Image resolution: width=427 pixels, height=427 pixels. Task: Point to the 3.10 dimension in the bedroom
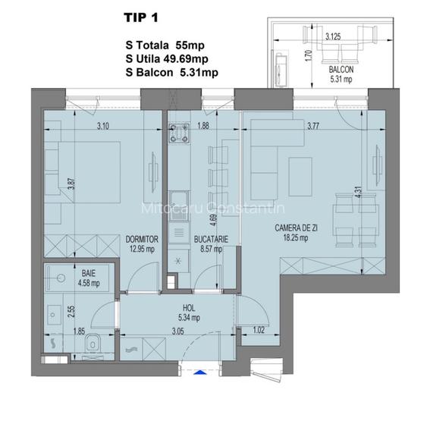click(103, 127)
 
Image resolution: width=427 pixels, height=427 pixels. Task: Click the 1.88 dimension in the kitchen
click(203, 127)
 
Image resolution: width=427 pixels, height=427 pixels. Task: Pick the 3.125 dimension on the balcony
click(331, 36)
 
